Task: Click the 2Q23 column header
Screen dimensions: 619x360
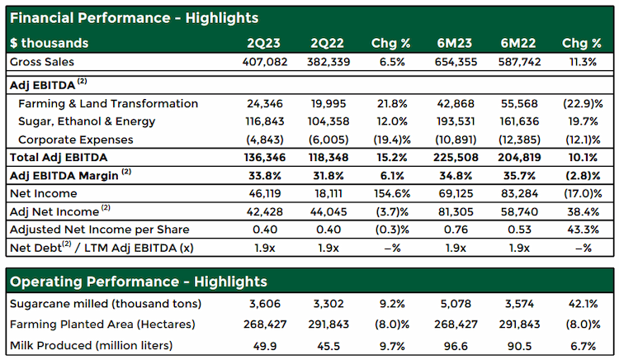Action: tap(264, 43)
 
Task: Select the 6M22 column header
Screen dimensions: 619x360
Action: tap(518, 43)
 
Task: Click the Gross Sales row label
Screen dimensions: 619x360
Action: tap(42, 62)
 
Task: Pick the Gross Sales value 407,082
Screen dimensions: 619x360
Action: tap(265, 62)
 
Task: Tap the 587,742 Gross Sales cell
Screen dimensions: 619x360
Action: tap(519, 62)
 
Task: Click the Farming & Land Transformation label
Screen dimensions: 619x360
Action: tap(108, 104)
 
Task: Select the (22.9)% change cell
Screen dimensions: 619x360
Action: tap(583, 104)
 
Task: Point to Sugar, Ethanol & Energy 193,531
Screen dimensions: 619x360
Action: tap(456, 121)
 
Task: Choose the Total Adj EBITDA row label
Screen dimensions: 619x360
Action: tap(59, 158)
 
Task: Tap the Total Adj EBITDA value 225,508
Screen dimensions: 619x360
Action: tap(456, 158)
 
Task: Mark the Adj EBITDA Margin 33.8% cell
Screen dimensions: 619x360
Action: tap(265, 176)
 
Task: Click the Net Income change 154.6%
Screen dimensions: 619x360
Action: tap(392, 194)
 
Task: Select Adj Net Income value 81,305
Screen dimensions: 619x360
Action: tap(456, 212)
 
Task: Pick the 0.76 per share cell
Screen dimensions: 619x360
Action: tap(456, 230)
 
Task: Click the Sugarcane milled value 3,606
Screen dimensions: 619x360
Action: tap(265, 304)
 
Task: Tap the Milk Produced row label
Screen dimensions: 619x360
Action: tap(91, 346)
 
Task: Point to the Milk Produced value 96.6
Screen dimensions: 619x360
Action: tap(456, 346)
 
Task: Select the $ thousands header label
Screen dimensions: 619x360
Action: tap(49, 43)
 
